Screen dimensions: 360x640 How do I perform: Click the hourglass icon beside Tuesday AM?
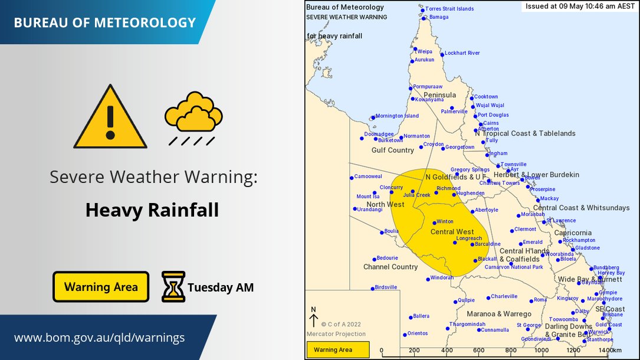coord(173,287)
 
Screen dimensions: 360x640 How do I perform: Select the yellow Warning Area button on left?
coord(101,287)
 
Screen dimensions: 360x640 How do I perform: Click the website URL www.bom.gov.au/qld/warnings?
coord(99,338)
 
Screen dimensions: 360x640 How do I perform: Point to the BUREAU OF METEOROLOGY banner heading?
coord(104,23)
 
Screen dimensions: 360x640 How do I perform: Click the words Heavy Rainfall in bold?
coord(152,210)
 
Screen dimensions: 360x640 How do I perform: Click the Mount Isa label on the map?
coord(367,197)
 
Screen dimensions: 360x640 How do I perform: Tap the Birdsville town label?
coord(386,287)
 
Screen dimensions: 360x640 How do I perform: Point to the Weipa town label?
coord(425,51)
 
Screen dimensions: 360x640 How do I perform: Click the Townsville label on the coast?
coord(513,164)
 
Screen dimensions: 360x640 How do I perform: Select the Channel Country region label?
coord(390,267)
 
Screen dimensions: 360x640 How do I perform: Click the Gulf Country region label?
coord(392,150)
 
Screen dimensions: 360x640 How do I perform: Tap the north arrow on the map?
coord(313,319)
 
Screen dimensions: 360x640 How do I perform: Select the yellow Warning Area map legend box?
coord(337,349)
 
